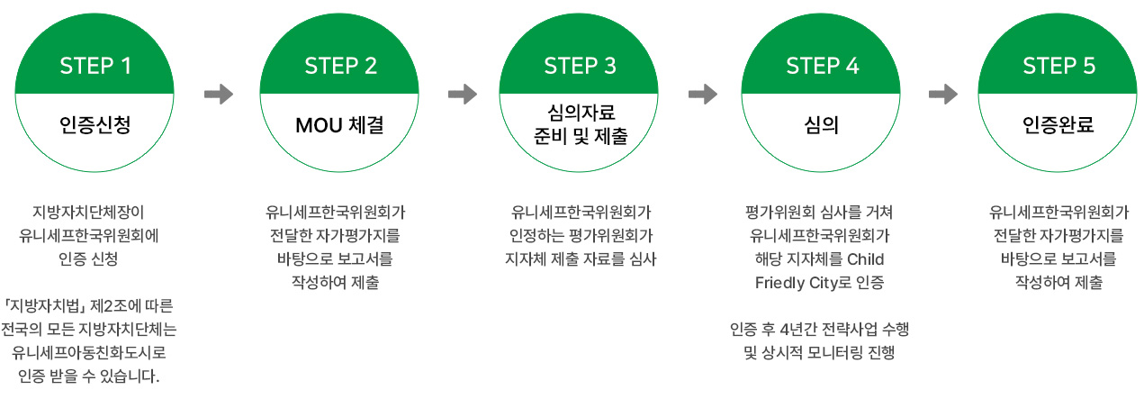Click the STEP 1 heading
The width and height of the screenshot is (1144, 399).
[x=95, y=66]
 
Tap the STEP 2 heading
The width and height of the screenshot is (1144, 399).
[x=340, y=66]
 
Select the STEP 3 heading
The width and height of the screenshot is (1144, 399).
[x=580, y=66]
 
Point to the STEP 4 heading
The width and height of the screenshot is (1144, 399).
[x=823, y=66]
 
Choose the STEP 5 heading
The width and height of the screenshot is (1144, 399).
[x=1058, y=66]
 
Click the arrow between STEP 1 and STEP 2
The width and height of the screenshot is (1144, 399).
[x=219, y=94]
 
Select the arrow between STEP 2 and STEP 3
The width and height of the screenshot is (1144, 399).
[x=463, y=94]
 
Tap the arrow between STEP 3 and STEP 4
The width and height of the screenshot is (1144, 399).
[x=703, y=94]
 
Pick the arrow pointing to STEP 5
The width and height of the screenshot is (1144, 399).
[x=943, y=94]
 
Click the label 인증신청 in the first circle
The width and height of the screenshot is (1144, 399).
[x=95, y=124]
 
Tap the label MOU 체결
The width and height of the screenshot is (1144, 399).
[x=339, y=125]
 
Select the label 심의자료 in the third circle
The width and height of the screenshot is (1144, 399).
[x=581, y=113]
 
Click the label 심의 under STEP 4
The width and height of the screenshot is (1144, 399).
[x=822, y=124]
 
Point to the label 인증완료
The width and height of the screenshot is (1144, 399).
[x=1058, y=124]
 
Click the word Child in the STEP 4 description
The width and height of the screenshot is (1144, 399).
[x=866, y=259]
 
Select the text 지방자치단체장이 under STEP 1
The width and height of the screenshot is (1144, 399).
[x=88, y=212]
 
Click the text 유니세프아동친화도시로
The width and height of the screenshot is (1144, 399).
[x=89, y=352]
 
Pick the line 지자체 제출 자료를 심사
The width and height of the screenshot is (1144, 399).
[x=581, y=259]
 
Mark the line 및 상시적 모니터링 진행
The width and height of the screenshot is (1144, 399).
[x=819, y=352]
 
